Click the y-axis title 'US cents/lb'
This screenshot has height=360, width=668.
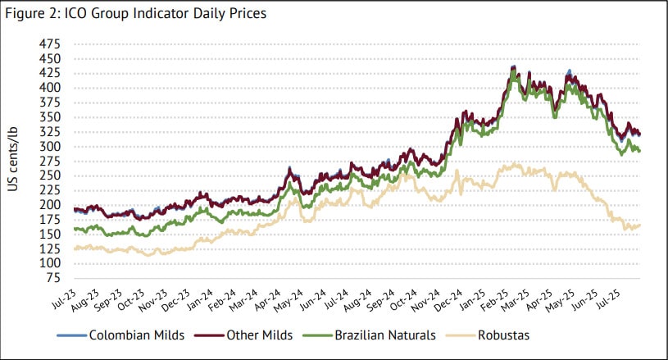(14, 160)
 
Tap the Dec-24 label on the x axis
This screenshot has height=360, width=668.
(443, 298)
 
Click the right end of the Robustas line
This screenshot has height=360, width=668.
(639, 225)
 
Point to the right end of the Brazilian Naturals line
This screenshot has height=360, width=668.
(639, 151)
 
